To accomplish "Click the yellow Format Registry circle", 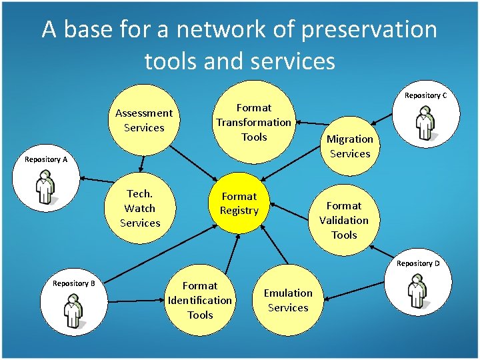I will tap(239, 203).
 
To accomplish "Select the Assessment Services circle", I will tap(143, 120).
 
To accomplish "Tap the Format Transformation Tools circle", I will tap(253, 122).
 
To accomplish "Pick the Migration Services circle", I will tap(350, 146).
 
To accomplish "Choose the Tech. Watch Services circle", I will tap(140, 208).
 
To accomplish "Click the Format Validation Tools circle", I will tap(344, 220).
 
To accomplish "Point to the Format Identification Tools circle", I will tap(200, 300).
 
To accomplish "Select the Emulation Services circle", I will tap(287, 300).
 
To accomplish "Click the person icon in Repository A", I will tap(45, 187).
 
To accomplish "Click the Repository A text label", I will tap(46, 159).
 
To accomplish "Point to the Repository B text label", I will tap(73, 283).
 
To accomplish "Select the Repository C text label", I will tap(425, 95).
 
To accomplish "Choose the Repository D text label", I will tap(418, 263).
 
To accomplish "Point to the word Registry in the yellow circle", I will tap(239, 211).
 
